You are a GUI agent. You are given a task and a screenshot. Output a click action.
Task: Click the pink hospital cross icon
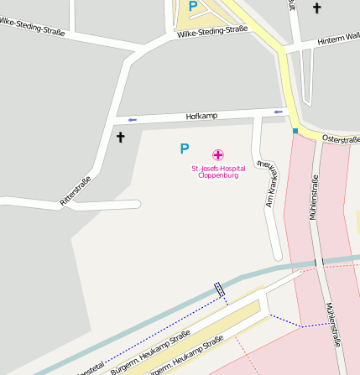pyautogui.click(x=218, y=154)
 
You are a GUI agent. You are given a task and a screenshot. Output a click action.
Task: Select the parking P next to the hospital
pyautogui.click(x=185, y=149)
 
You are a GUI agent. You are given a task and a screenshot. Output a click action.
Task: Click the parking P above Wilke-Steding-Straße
pyautogui.click(x=193, y=7)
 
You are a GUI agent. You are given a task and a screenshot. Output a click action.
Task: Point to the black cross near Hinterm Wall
pyautogui.click(x=316, y=8)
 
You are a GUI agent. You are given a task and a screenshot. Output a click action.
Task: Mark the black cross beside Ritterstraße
pyautogui.click(x=120, y=136)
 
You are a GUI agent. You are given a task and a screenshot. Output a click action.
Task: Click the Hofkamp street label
pyautogui.click(x=196, y=116)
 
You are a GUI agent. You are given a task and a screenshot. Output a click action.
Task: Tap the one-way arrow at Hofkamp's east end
pyautogui.click(x=278, y=112)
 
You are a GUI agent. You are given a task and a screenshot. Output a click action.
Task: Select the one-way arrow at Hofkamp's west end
pyautogui.click(x=132, y=120)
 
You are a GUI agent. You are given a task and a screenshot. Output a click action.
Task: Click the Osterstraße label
pyautogui.click(x=340, y=138)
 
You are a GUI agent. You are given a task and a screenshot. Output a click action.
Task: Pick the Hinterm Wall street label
pyautogui.click(x=338, y=39)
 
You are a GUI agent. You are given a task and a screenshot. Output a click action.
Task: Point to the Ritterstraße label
pyautogui.click(x=76, y=191)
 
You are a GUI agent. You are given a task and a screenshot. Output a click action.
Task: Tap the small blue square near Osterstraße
pyautogui.click(x=295, y=131)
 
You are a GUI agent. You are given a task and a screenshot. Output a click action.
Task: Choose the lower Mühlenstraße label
pyautogui.click(x=336, y=325)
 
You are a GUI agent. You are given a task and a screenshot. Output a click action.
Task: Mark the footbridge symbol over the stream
pyautogui.click(x=220, y=289)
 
